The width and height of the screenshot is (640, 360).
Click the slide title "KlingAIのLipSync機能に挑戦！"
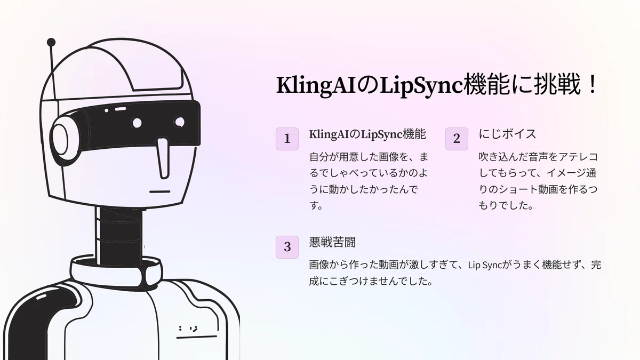point(437,85)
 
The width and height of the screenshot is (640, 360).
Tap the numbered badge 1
point(287,139)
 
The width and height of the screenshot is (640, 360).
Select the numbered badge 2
point(457,139)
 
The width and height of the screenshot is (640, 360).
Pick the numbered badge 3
point(287,247)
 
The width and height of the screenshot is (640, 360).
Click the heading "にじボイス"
point(507,134)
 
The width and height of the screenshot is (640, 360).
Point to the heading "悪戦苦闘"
point(332,242)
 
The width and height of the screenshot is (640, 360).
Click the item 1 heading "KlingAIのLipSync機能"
point(367,134)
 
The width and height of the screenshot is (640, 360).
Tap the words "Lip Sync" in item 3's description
point(485,265)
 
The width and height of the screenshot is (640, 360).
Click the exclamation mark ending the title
point(591,84)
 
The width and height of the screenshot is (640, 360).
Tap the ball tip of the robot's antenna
point(51,42)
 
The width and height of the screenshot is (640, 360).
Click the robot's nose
point(163,158)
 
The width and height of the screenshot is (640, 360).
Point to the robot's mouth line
point(159,191)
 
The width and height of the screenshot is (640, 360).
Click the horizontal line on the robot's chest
point(197,337)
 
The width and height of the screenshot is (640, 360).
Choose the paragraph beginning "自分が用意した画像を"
point(369,181)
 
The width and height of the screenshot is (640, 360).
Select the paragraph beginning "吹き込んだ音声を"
point(538,181)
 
